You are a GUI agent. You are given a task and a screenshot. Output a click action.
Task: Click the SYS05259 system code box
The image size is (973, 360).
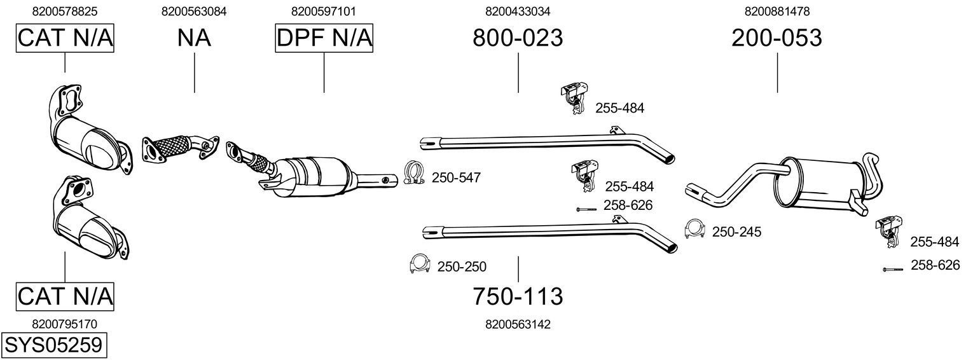53,345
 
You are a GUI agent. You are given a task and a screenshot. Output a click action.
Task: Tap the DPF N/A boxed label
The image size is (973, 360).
324,38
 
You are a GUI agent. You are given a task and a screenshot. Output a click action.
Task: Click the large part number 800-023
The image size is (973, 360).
518,38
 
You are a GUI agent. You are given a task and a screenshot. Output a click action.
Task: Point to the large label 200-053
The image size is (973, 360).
776,38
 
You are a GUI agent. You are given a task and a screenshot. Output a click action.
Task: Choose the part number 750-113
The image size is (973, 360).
518,296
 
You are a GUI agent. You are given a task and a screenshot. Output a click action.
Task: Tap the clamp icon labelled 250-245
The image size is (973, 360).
694,230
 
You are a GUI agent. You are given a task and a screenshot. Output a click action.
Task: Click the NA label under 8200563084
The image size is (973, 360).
194,38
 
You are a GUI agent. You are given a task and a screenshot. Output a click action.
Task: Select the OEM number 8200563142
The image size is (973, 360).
518,324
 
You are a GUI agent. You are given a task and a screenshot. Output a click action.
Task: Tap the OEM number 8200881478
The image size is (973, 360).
776,11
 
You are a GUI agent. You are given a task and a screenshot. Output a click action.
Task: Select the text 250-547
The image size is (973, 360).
455,178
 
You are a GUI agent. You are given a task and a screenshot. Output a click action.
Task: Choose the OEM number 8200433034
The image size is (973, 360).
518,11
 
